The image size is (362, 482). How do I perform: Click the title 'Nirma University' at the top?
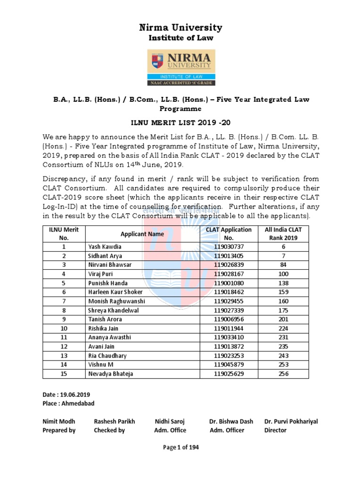(181, 28)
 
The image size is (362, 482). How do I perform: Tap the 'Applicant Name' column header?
(142, 234)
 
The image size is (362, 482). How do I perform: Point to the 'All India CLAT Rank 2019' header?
(283, 234)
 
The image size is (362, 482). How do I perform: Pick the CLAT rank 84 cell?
(283, 265)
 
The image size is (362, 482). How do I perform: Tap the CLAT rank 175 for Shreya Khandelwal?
(283, 310)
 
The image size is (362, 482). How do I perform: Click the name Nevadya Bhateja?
(110, 374)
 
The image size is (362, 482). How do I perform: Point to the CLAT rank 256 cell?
(283, 374)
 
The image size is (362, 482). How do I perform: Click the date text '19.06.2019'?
(74, 394)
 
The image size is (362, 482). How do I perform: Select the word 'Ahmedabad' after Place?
(78, 403)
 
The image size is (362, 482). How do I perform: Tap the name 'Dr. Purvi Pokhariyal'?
(291, 421)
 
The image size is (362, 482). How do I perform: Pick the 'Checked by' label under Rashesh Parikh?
(109, 430)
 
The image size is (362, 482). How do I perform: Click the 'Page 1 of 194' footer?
(181, 448)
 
